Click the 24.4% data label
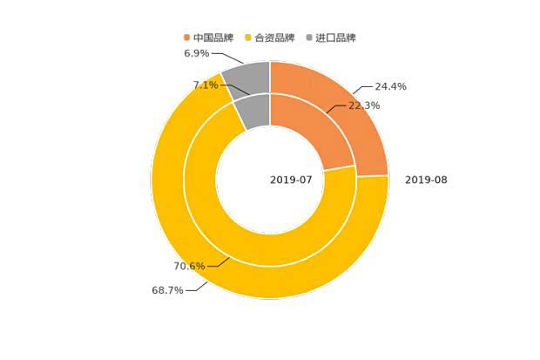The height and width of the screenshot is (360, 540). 390,86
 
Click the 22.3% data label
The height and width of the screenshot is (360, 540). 364,105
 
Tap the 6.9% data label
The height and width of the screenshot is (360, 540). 196,53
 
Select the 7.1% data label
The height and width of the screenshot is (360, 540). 206,85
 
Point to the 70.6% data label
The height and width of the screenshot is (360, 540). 189,266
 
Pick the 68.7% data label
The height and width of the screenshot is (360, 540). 167,290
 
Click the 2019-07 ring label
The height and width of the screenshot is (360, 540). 291,180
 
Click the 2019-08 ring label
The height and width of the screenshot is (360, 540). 426,180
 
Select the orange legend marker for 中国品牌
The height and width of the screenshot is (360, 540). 186,37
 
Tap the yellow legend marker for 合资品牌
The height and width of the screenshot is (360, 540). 248,37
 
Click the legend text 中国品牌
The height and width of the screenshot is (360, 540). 213,37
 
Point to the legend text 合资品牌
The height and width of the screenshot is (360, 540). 275,37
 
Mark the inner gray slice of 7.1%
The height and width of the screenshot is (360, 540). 253,111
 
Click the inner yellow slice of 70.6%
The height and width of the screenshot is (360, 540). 261,248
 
